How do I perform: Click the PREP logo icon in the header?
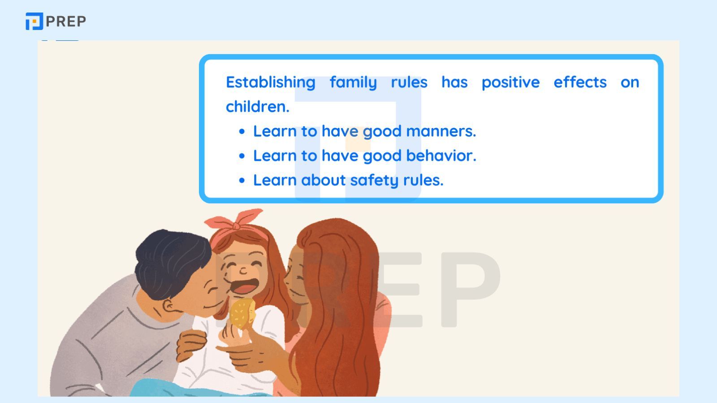[34, 21]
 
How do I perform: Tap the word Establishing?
[270, 82]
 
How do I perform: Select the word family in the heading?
[353, 82]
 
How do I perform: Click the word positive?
[510, 82]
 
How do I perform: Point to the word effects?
[580, 82]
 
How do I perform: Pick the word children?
[257, 107]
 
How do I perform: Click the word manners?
[441, 131]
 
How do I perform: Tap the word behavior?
[441, 156]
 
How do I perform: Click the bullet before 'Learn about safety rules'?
[242, 180]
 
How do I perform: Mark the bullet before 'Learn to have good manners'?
[242, 132]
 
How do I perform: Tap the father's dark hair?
[170, 260]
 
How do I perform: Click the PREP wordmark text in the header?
[66, 21]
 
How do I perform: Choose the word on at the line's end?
[630, 82]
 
